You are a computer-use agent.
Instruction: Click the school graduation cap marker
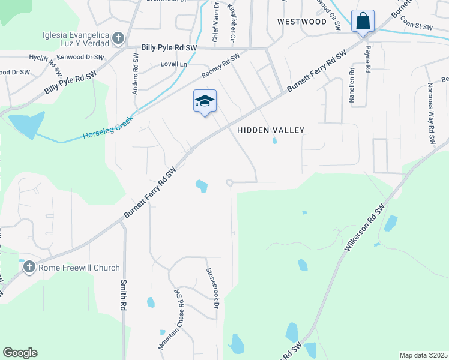click(204, 101)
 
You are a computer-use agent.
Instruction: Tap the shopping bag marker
click(363, 22)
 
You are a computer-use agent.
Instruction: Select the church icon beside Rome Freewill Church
click(29, 268)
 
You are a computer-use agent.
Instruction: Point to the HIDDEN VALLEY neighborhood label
click(271, 130)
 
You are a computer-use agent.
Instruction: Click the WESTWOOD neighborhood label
click(302, 22)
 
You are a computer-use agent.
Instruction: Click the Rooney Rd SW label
click(220, 66)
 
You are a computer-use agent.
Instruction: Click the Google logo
click(20, 353)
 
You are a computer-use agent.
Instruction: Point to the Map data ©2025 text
click(423, 355)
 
